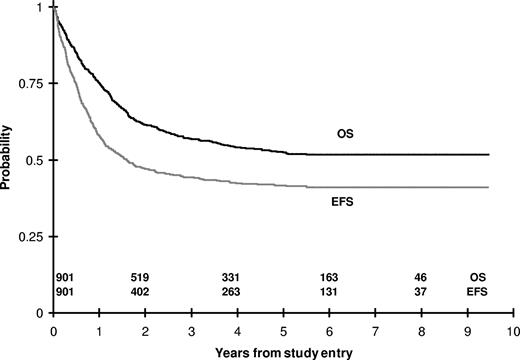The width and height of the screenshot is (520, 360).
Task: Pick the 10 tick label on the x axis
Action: [512, 327]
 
